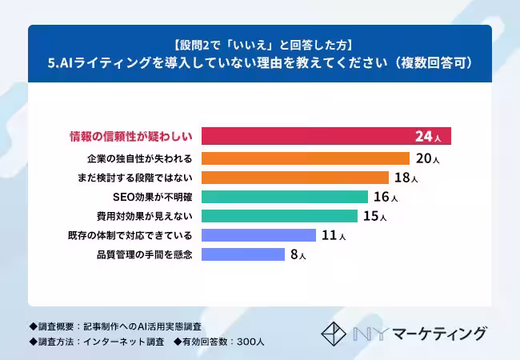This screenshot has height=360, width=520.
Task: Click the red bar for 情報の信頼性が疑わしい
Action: pos(304,136)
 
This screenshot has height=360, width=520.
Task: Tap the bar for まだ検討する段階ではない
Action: pos(295,178)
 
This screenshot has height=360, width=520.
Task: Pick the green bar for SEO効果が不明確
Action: pos(285,197)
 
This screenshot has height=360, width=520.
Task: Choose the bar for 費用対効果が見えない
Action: pos(279,216)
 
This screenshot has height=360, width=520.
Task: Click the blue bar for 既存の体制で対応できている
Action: pos(258,235)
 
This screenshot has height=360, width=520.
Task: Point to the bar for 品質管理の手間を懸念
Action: pos(243,254)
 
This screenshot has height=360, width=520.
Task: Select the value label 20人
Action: pos(428,158)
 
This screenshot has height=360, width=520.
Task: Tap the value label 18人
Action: pos(406,178)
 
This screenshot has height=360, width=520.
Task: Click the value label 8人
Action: pos(298,254)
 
